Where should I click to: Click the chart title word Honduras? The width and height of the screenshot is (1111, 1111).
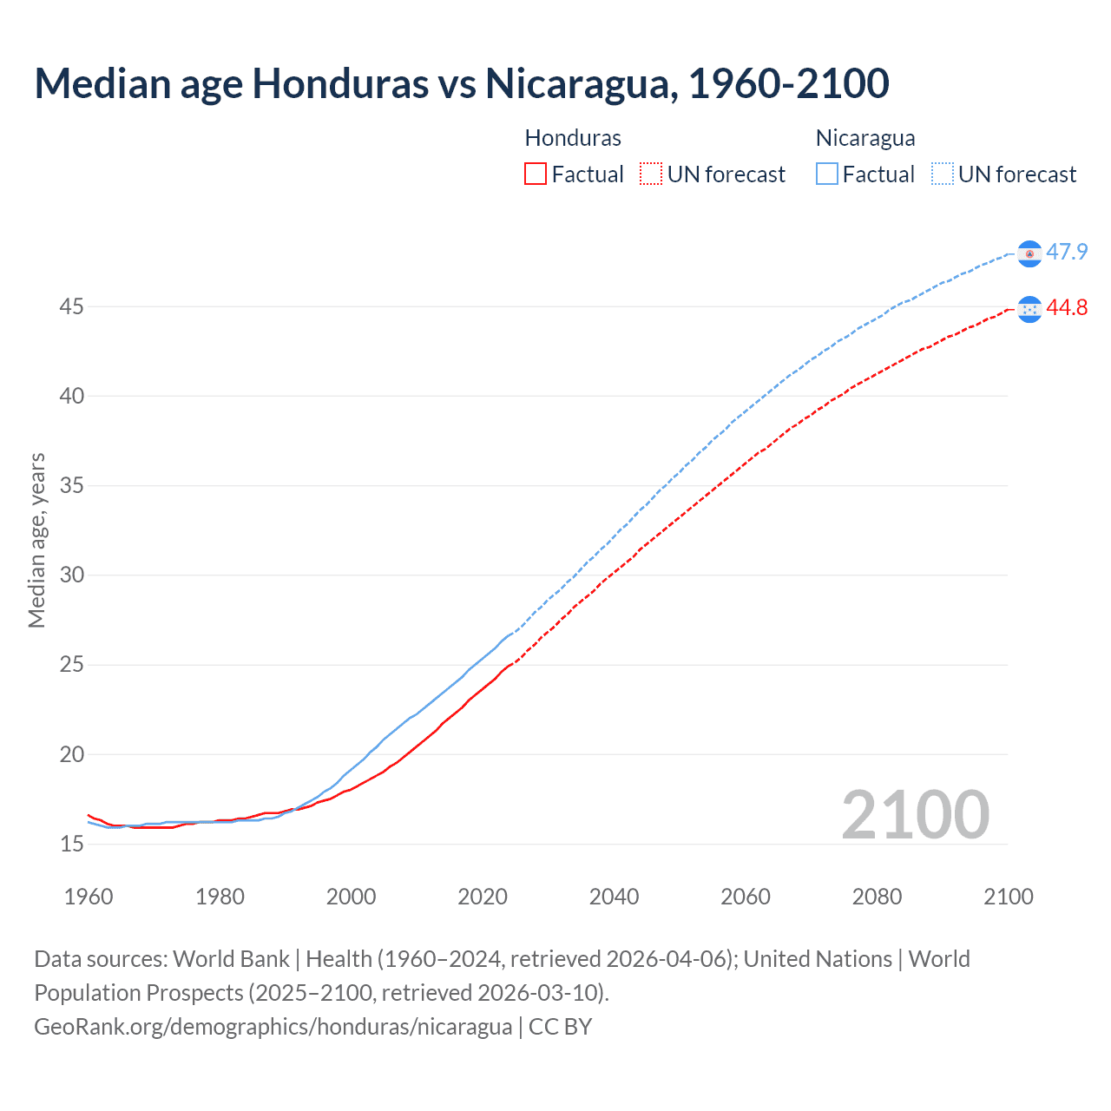(339, 83)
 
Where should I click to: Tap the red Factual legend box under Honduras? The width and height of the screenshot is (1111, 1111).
(536, 174)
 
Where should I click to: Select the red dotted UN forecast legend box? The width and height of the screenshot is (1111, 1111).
(651, 174)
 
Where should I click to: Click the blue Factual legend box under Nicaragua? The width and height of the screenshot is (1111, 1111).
(827, 174)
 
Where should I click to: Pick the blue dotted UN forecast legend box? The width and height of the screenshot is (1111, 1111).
(943, 174)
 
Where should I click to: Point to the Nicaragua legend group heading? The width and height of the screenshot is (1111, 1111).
(864, 138)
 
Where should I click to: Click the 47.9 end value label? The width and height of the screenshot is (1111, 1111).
(1067, 252)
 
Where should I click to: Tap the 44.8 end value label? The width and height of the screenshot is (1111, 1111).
(1067, 308)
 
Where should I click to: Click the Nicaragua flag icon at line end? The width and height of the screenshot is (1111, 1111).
(1029, 253)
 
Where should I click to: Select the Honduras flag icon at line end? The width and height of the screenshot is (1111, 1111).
(1029, 309)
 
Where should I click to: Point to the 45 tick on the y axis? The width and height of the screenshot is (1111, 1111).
(72, 306)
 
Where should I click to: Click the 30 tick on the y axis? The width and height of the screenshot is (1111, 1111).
(72, 575)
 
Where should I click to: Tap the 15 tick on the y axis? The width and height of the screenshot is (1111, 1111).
(72, 844)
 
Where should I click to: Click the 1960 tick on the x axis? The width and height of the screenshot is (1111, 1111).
(89, 897)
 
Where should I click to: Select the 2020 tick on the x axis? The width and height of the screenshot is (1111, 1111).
(483, 897)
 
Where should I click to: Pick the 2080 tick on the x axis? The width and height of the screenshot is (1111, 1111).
(877, 897)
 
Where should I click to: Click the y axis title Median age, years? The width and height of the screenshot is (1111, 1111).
(36, 540)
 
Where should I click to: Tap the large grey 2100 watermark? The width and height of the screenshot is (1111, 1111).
(915, 815)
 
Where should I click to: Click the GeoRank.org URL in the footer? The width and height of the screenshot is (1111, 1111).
(273, 1026)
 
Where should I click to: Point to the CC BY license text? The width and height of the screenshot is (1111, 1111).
(560, 1026)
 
